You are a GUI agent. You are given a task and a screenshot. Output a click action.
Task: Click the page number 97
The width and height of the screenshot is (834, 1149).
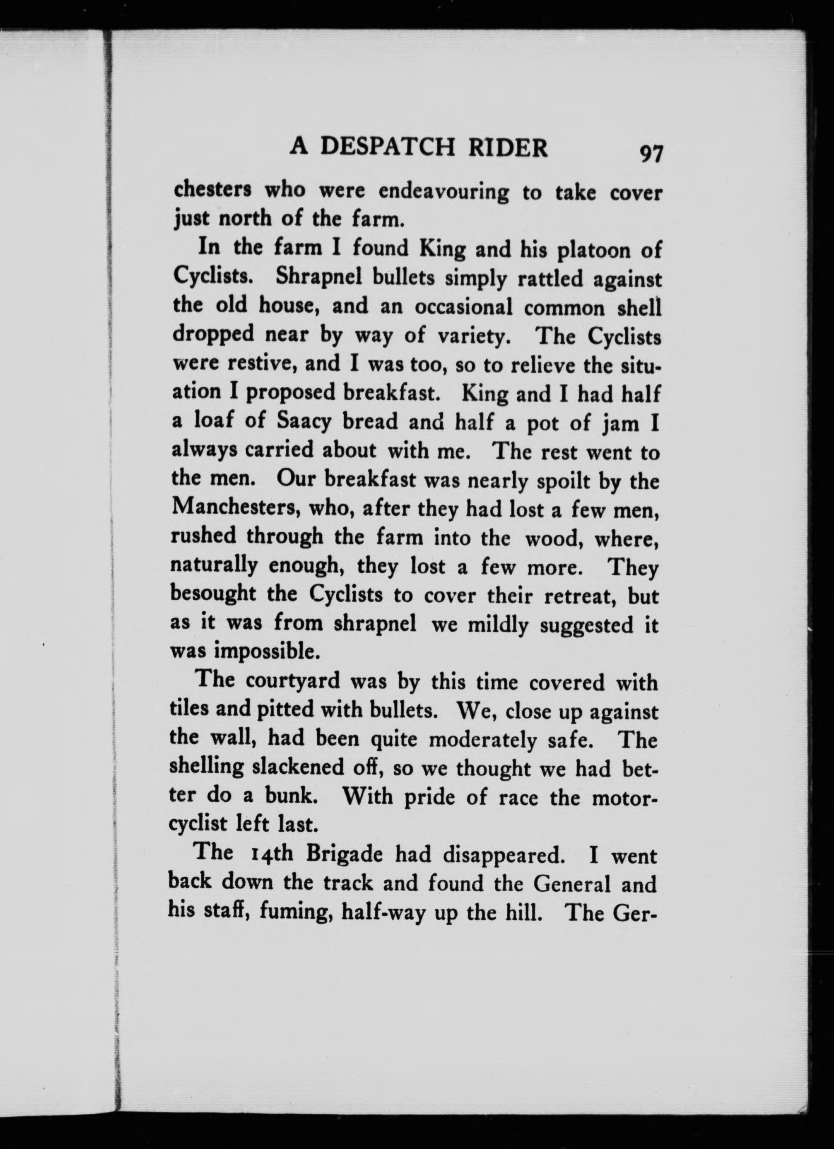coord(650,153)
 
